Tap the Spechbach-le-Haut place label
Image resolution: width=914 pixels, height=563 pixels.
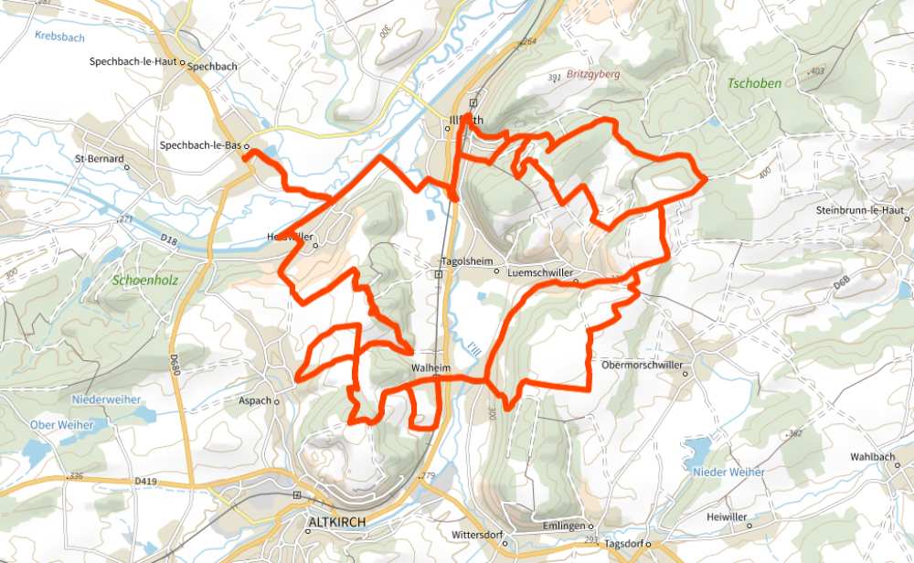(x=133, y=63)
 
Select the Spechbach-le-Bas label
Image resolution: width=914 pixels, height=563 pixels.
(x=199, y=145)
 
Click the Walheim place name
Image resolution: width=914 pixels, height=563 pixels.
(x=431, y=368)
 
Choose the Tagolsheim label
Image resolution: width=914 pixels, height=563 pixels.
(x=466, y=260)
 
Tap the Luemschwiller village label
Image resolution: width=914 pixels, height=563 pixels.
(x=539, y=271)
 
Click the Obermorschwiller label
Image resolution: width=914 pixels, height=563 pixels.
(x=643, y=365)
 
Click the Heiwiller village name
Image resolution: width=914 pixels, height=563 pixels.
(x=728, y=517)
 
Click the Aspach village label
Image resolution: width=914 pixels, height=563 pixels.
(x=255, y=400)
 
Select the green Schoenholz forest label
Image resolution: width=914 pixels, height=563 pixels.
(x=143, y=281)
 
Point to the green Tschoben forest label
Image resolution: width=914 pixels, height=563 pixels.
(x=754, y=83)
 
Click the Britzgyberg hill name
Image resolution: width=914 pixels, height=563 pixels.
(x=593, y=74)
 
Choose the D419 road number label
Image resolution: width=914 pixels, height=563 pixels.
(x=145, y=480)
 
